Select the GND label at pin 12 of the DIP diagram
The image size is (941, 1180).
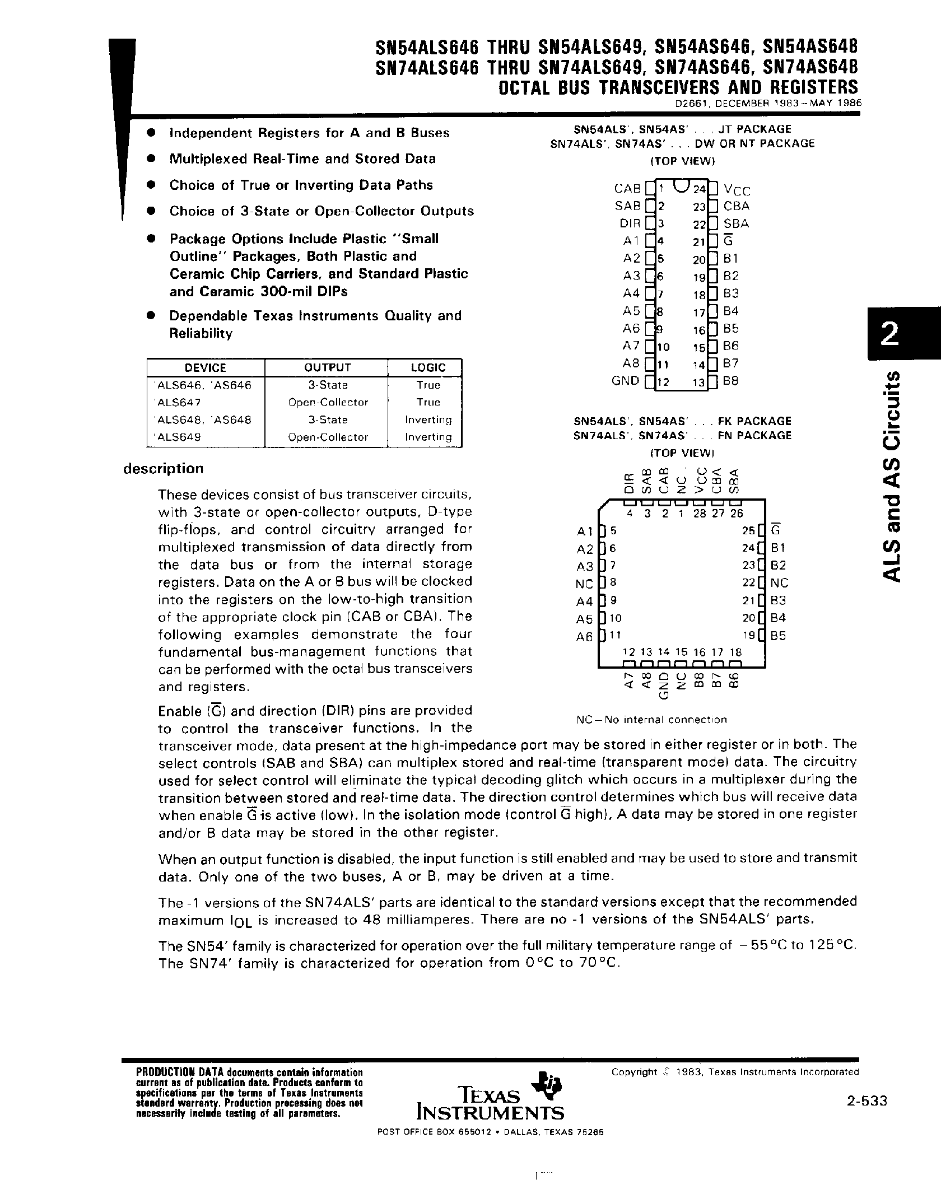625,381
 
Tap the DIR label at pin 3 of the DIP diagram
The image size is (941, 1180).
630,223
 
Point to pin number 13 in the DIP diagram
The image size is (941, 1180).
698,383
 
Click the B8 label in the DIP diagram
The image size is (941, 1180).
731,381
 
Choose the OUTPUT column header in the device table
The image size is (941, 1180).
327,368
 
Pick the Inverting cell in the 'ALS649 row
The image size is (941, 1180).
428,437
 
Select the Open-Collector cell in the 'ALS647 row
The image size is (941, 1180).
328,403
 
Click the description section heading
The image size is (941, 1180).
163,469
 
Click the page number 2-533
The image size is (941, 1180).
867,1101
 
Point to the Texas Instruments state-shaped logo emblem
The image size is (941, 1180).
547,1083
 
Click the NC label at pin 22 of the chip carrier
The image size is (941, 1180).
779,583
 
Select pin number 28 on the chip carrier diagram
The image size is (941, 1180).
699,513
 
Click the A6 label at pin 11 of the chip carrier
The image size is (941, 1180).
584,636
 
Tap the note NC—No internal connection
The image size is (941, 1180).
651,720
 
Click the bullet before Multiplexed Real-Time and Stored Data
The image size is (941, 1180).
150,159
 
